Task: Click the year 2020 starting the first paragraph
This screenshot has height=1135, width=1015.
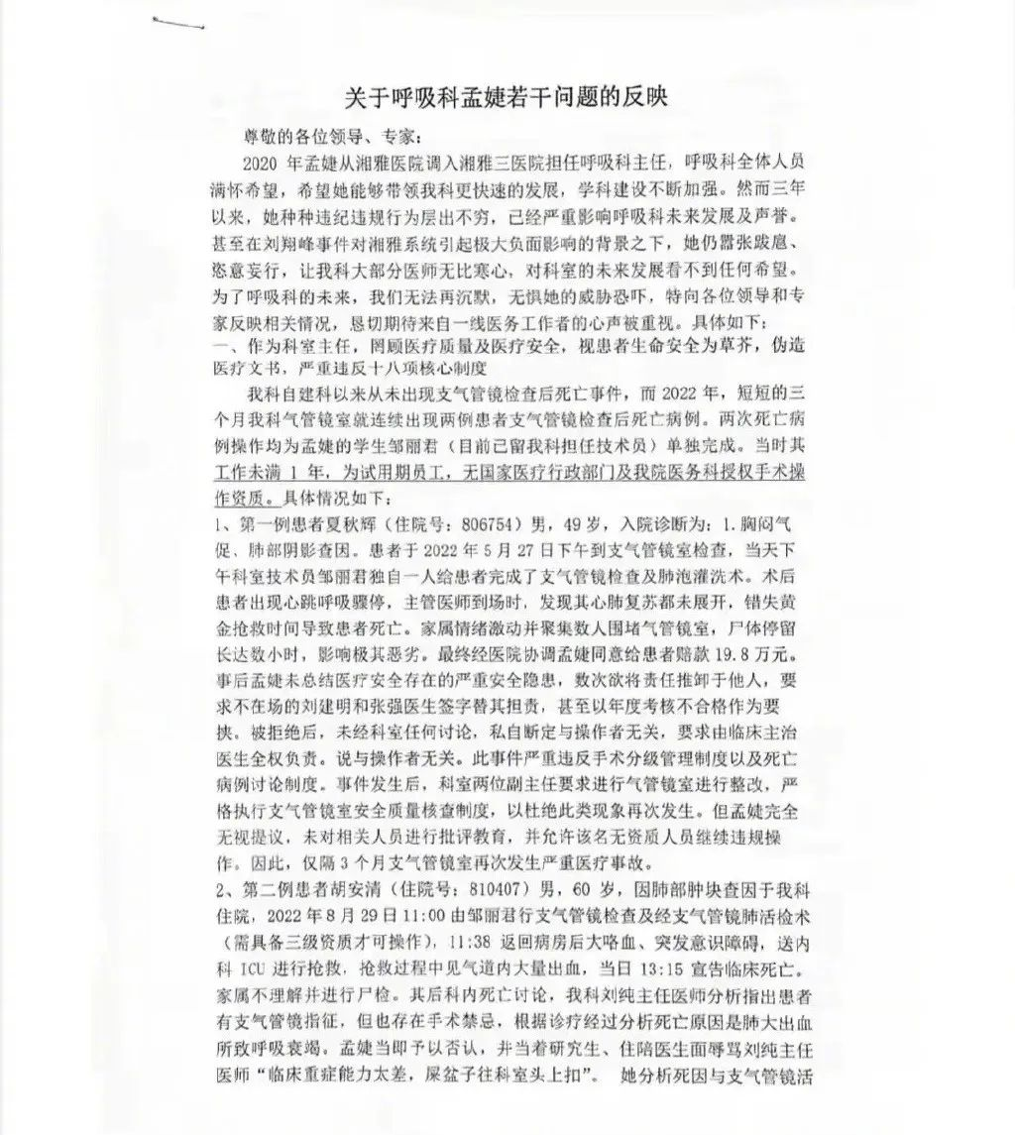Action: coord(262,162)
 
